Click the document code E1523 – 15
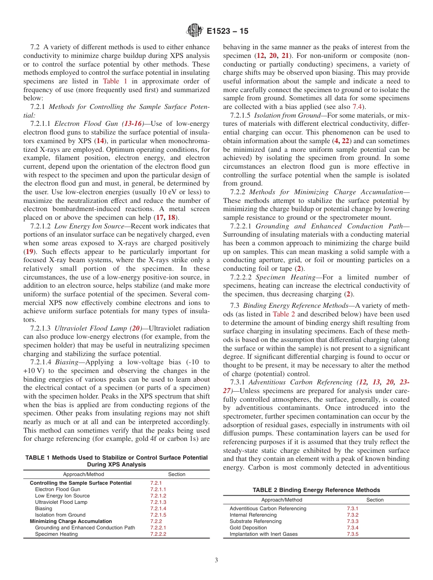pyautogui.click(x=227, y=31)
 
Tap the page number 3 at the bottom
pyautogui.click(x=216, y=560)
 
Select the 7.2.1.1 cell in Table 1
pyautogui.click(x=158, y=489)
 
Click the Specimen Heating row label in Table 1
pyautogui.click(x=56, y=534)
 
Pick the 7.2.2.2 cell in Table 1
pyautogui.click(x=158, y=534)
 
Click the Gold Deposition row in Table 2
pyautogui.click(x=248, y=528)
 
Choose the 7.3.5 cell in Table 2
pyautogui.click(x=352, y=534)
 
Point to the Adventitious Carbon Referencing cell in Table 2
pyautogui.click(x=268, y=508)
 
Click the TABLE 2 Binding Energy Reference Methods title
pyautogui.click(x=316, y=490)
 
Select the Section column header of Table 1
pyautogui.click(x=177, y=474)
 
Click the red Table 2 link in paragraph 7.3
pyautogui.click(x=284, y=314)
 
